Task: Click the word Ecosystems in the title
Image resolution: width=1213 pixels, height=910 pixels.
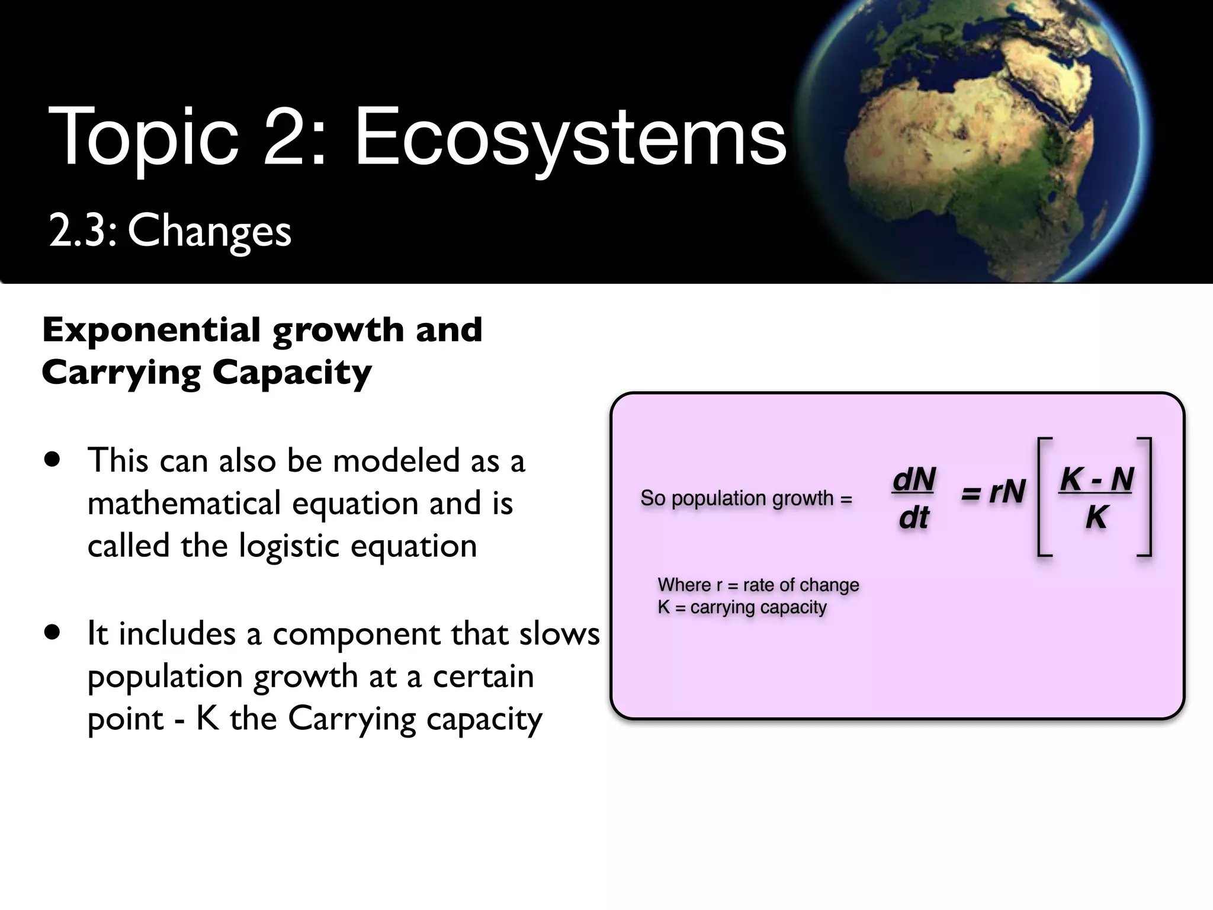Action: [x=570, y=137]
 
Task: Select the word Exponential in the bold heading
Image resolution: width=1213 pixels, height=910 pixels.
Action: [x=151, y=329]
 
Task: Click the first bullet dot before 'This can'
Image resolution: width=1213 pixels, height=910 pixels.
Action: [x=53, y=460]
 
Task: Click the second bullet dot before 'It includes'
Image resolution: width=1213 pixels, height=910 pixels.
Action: [x=53, y=633]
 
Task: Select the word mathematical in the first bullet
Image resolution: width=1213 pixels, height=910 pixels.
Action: [x=184, y=504]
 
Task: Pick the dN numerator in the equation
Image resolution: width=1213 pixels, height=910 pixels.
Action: [x=914, y=479]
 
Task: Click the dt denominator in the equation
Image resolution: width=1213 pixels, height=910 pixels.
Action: [x=914, y=518]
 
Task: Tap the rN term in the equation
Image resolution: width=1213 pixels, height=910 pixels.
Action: [x=1006, y=492]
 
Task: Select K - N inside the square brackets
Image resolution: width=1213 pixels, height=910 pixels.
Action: [x=1096, y=479]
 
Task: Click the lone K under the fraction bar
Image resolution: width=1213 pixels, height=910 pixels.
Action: [x=1096, y=517]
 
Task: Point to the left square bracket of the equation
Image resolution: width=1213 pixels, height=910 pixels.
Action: [x=1044, y=496]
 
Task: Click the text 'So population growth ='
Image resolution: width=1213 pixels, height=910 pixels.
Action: [x=746, y=498]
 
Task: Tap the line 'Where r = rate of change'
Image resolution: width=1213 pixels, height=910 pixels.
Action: [x=758, y=585]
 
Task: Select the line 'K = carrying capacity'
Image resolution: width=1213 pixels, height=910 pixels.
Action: [x=742, y=607]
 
